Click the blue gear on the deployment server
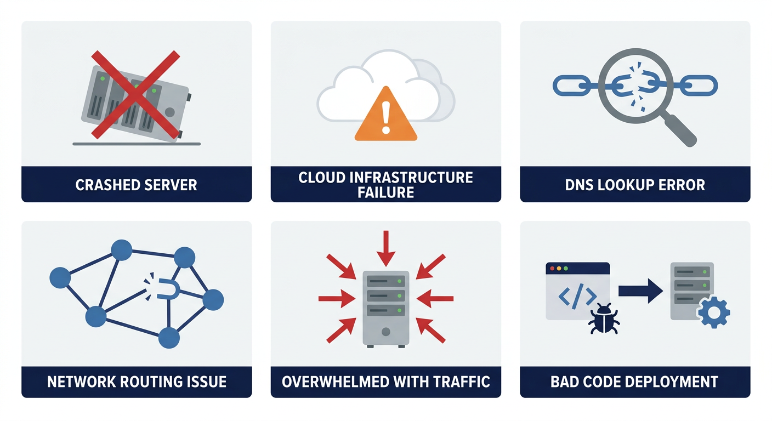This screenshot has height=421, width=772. (713, 312)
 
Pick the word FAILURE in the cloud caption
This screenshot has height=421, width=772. (386, 192)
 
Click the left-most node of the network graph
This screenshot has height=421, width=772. (60, 278)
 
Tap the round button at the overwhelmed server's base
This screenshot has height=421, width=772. (386, 332)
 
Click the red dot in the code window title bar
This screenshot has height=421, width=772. (552, 269)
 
